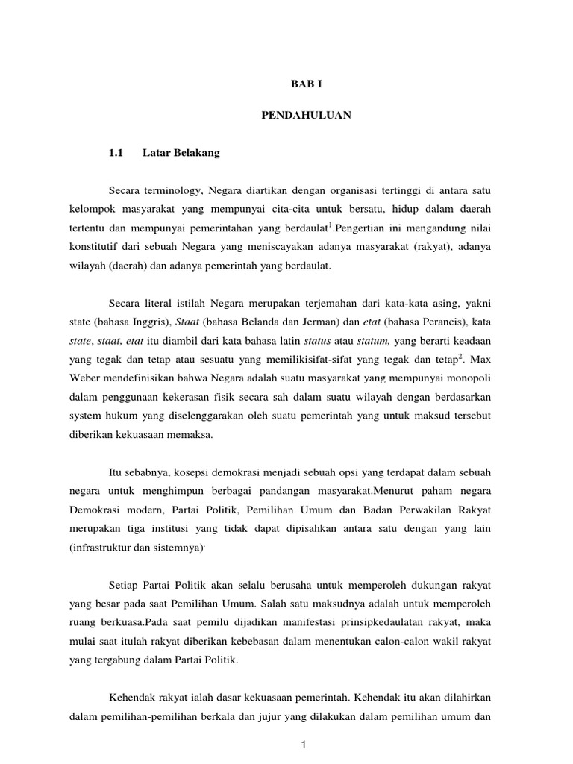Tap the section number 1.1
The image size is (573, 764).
coord(115,154)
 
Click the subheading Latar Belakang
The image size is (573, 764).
coord(181,154)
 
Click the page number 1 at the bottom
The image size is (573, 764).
coord(304,746)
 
